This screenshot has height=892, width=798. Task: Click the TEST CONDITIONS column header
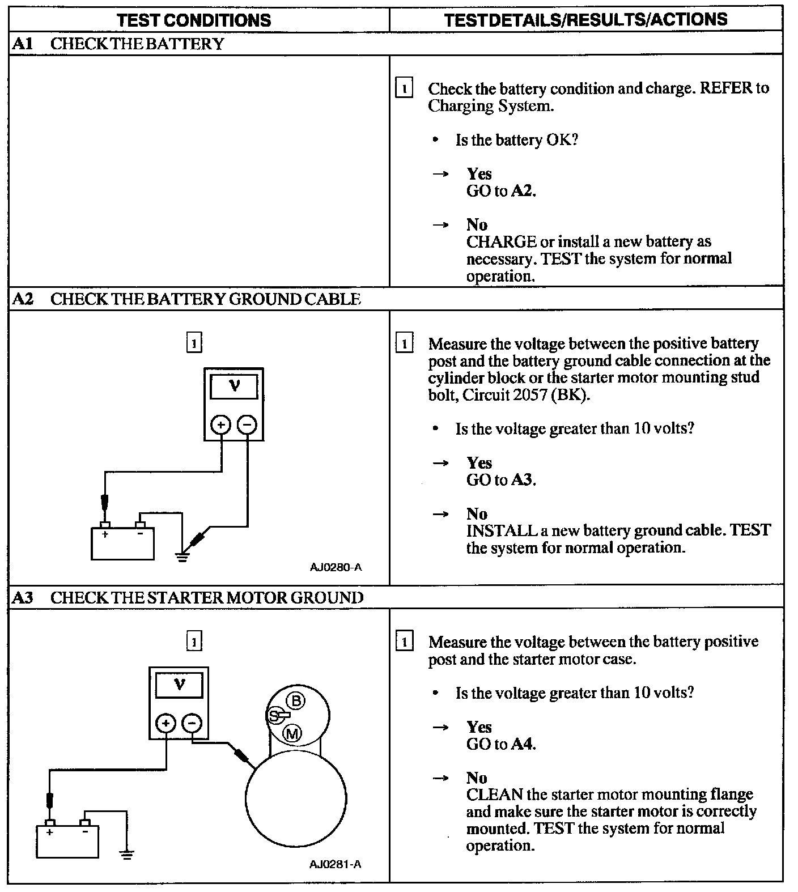click(x=193, y=20)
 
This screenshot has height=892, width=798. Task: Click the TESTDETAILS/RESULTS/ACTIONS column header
click(x=585, y=19)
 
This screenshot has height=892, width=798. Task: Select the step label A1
click(x=22, y=44)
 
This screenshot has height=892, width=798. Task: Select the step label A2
click(x=22, y=299)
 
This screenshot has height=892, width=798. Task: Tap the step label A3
click(x=22, y=597)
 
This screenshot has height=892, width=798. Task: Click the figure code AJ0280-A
click(x=336, y=567)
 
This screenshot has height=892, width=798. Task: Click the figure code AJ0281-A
click(x=336, y=864)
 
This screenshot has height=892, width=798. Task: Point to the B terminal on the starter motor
click(x=296, y=701)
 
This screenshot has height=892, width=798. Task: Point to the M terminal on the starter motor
click(x=292, y=734)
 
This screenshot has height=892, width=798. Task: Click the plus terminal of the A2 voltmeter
click(x=221, y=424)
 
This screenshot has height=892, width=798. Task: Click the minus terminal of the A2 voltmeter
click(x=247, y=424)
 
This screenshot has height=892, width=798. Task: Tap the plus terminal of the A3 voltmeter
click(x=166, y=723)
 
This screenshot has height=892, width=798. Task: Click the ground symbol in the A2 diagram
click(x=181, y=557)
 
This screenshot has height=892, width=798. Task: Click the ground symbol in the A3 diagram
click(x=126, y=855)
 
